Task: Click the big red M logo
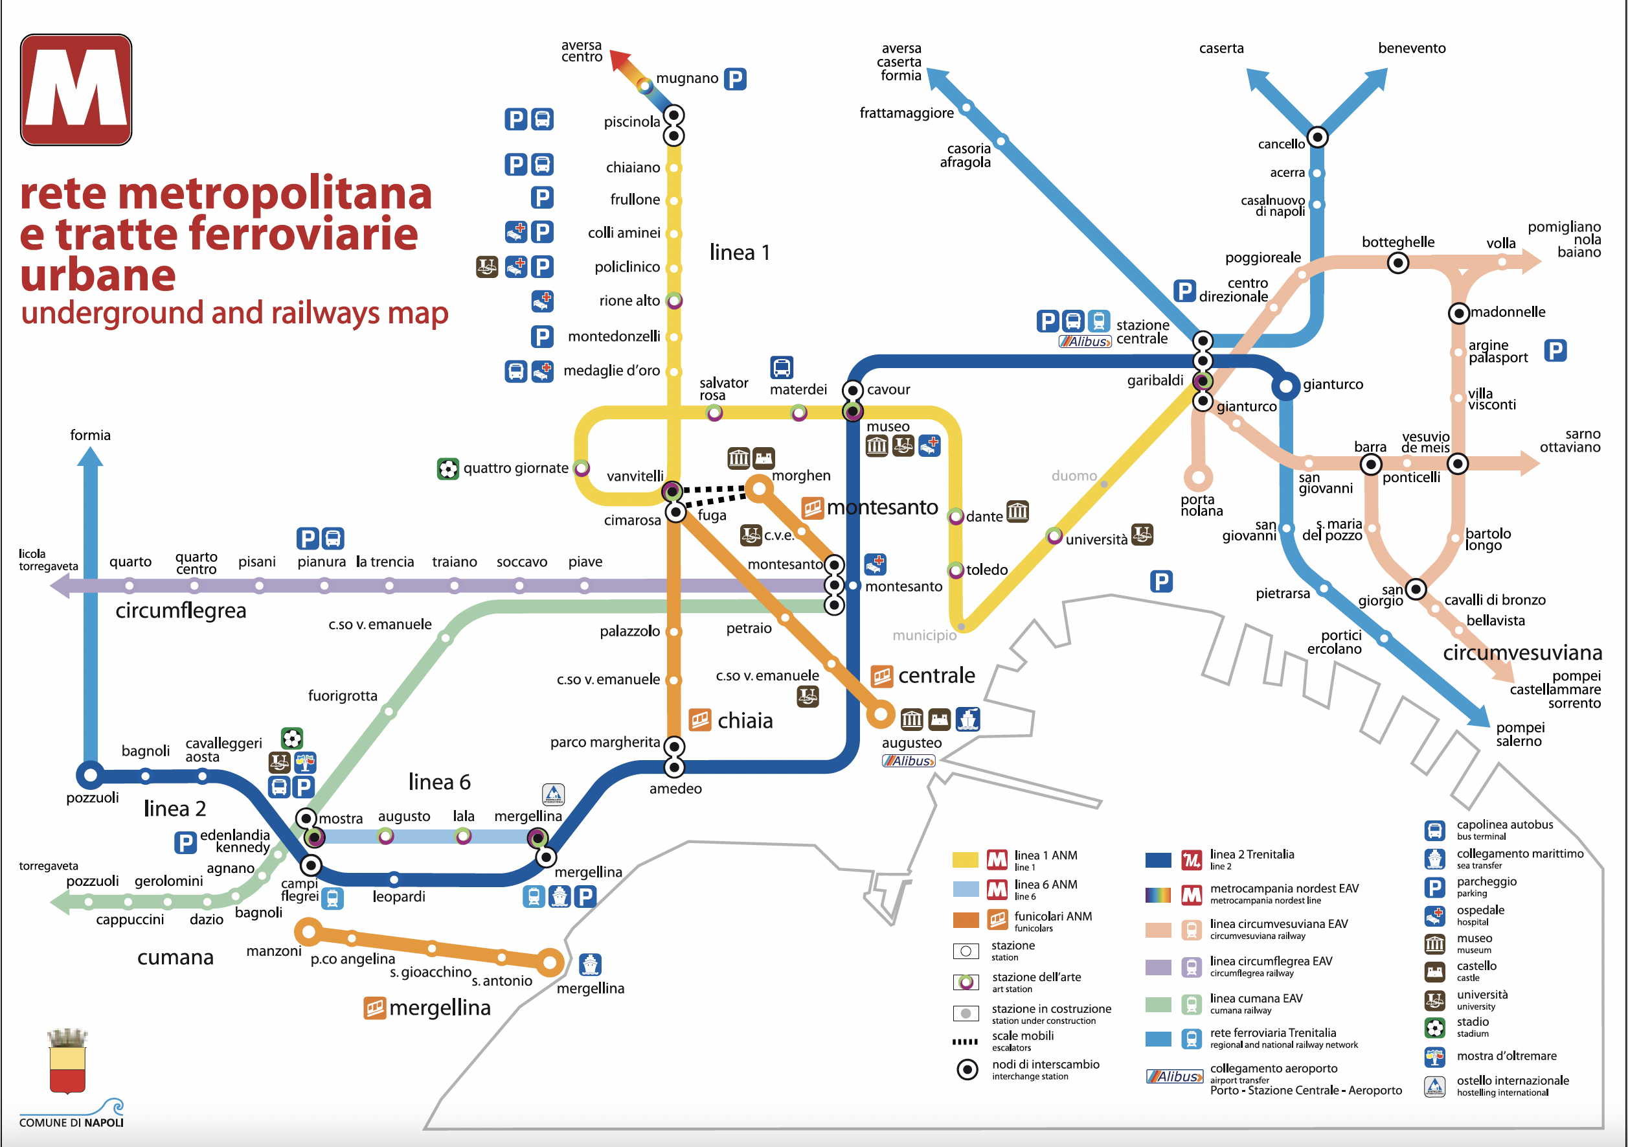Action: click(x=76, y=89)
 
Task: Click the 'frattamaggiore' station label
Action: click(x=906, y=113)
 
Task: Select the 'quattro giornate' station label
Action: click(x=515, y=468)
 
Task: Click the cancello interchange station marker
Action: click(x=1317, y=137)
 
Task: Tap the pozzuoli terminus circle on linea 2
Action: click(x=91, y=774)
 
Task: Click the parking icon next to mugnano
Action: click(x=735, y=79)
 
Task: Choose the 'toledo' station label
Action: click(x=986, y=570)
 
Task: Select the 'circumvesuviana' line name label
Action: click(x=1522, y=653)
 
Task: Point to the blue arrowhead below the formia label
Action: click(x=90, y=456)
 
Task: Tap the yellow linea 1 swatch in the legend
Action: click(x=965, y=860)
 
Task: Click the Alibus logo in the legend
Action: click(x=1175, y=1076)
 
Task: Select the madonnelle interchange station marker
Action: click(x=1458, y=312)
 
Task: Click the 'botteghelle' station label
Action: click(x=1397, y=242)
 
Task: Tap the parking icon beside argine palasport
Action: click(x=1555, y=351)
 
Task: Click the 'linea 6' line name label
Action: click(x=439, y=782)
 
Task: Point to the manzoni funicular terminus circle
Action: click(x=308, y=931)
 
